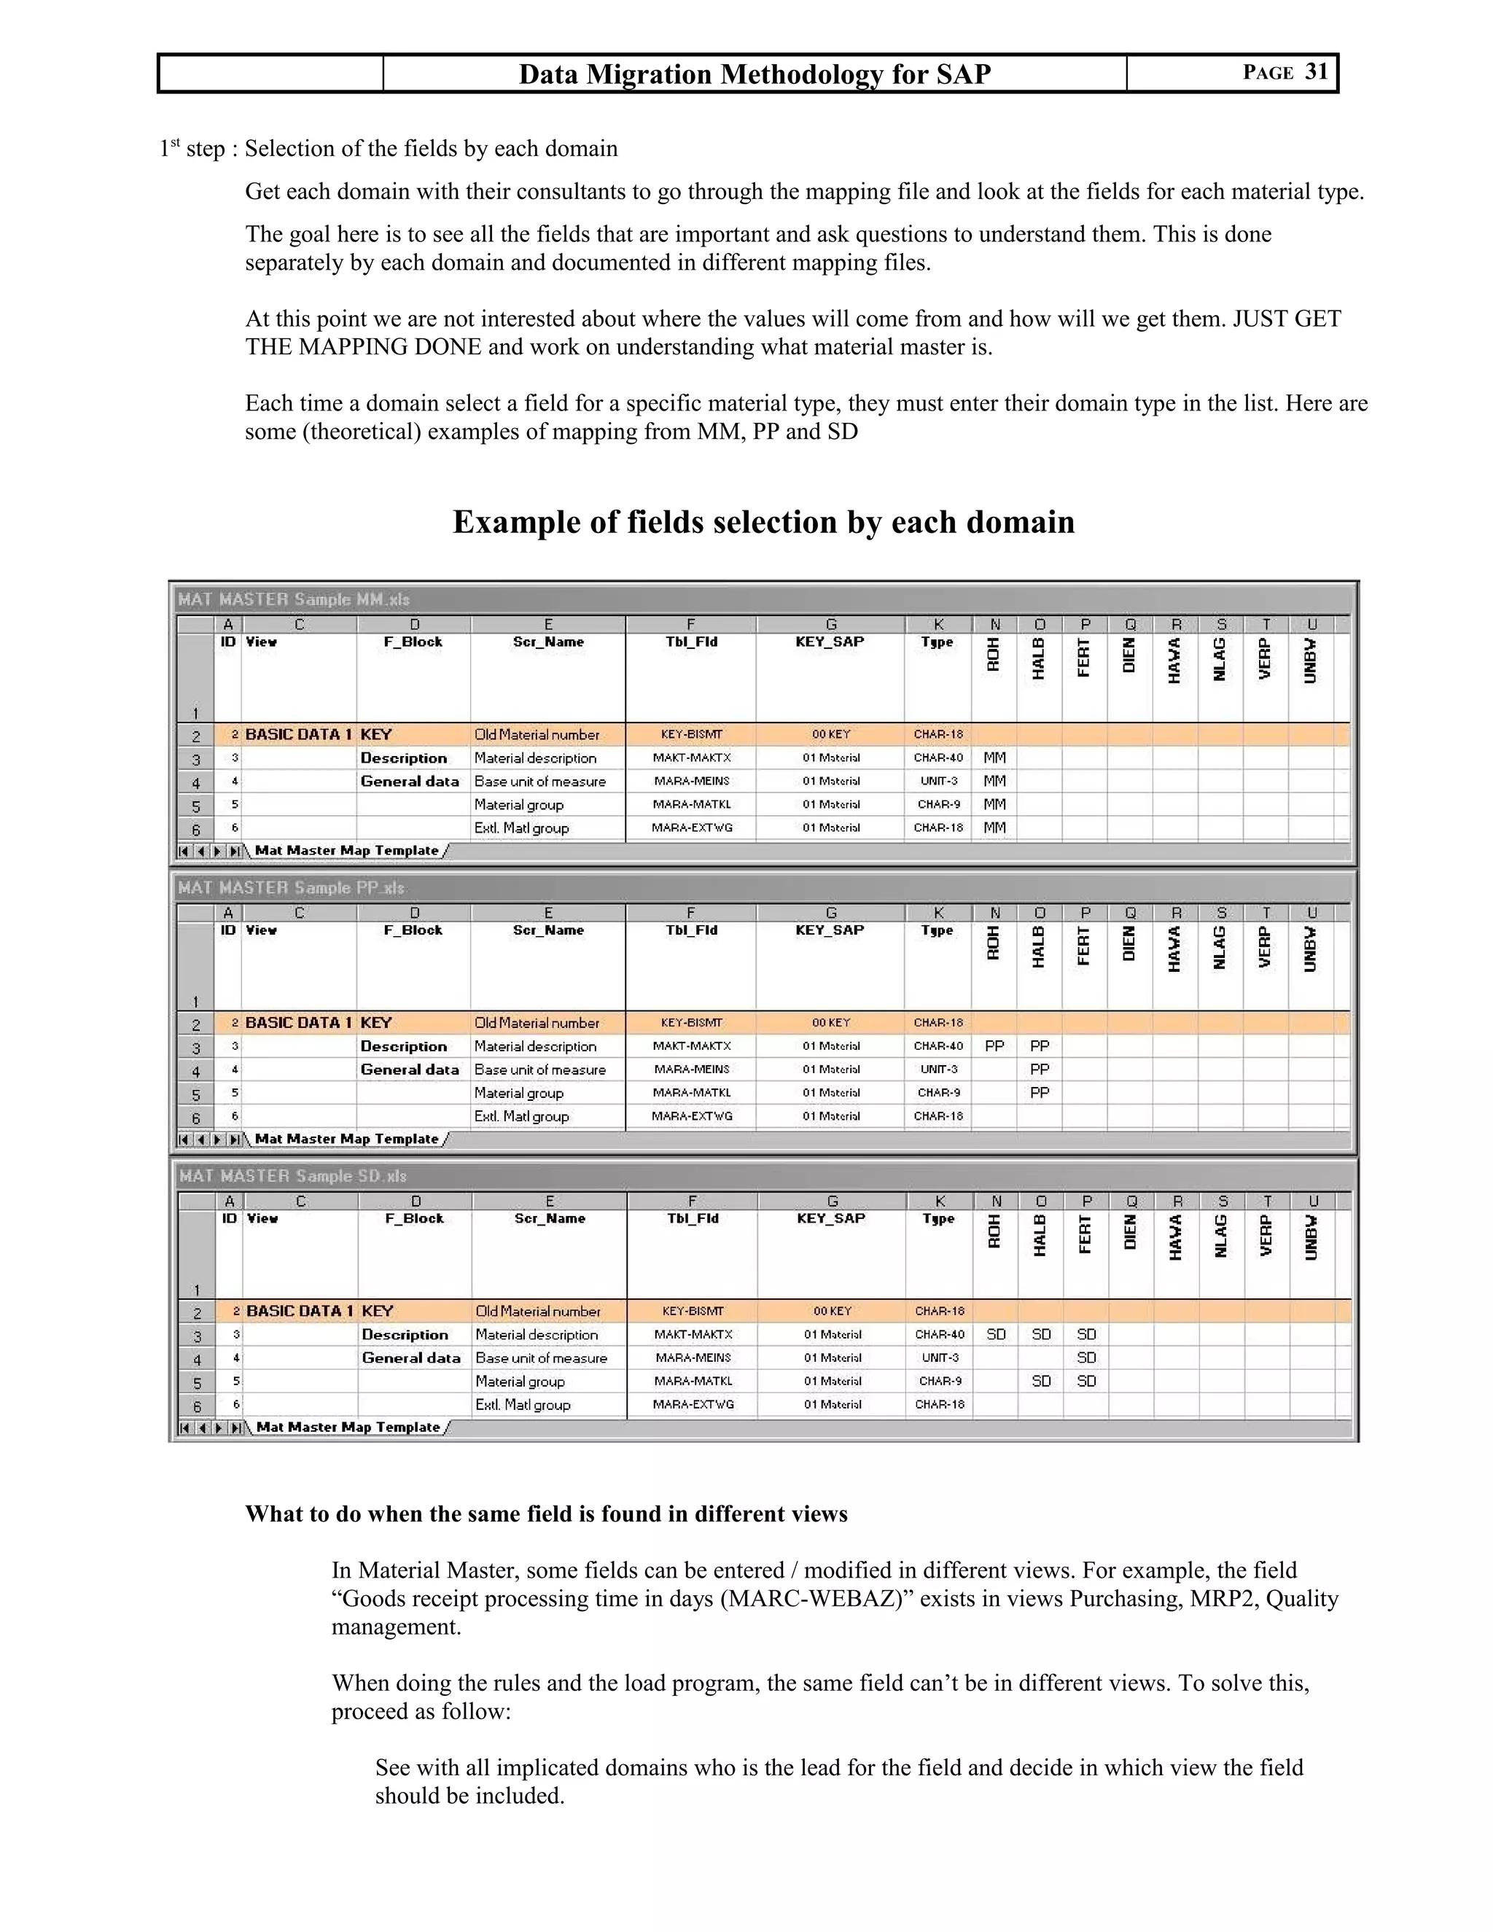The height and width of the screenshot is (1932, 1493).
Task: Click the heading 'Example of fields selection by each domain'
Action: point(763,522)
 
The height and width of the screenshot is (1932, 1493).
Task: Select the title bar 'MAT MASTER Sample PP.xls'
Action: point(291,887)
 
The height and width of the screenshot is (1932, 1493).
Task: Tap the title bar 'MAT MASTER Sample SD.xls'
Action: point(293,1176)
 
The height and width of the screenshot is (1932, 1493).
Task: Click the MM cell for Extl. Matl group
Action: point(994,828)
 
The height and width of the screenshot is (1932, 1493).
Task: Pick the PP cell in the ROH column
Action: point(994,1045)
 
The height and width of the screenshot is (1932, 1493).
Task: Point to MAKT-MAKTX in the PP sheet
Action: point(692,1045)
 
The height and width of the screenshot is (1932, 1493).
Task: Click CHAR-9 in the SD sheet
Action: point(939,1381)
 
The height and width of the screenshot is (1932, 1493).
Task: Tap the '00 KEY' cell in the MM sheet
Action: point(830,734)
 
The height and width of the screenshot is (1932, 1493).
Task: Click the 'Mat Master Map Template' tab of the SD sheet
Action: point(348,1427)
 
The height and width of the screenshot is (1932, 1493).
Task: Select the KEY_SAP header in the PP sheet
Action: point(830,930)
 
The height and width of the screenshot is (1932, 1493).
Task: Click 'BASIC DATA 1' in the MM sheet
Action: point(298,734)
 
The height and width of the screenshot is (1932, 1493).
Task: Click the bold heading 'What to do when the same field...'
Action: point(546,1514)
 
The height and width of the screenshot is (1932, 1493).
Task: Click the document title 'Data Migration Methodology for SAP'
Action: point(755,74)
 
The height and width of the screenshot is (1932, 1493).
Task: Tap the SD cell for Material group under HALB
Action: point(1041,1381)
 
